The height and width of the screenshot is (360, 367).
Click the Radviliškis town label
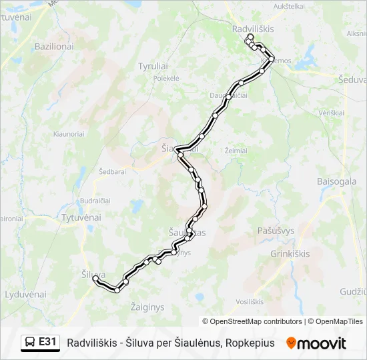pos(253,29)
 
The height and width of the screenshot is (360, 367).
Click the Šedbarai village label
pos(112,171)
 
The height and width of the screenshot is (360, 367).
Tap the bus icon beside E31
pos(31,343)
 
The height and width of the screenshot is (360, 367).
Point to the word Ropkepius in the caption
pos(250,343)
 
